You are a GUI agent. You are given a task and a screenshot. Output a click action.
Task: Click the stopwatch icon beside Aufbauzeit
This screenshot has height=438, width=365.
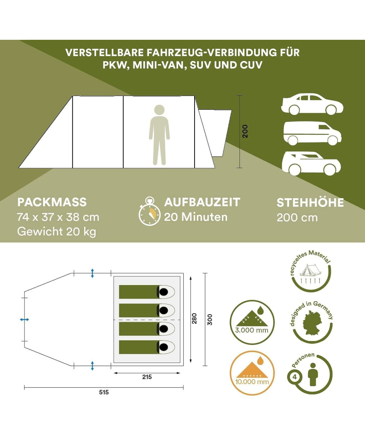tap(150, 211)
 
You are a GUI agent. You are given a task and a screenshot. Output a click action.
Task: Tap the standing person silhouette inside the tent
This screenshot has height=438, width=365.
tap(159, 135)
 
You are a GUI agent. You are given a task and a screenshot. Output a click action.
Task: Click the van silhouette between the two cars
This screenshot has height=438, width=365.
tap(312, 133)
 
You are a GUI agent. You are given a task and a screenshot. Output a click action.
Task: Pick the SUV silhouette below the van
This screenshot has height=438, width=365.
tap(311, 164)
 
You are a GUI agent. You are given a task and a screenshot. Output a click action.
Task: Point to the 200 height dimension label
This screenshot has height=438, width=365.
tap(245, 131)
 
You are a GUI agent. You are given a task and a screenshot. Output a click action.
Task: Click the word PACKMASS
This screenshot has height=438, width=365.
tap(52, 202)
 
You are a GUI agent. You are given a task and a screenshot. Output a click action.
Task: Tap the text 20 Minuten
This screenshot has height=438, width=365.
tap(196, 217)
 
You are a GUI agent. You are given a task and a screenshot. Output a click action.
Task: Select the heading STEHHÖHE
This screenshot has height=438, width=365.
tap(310, 203)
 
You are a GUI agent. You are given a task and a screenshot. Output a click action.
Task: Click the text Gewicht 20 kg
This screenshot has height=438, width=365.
tap(57, 232)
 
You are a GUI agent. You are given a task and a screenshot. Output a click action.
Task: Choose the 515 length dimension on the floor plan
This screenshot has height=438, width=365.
tap(104, 392)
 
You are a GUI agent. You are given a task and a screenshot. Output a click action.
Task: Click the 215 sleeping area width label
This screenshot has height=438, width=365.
tap(147, 377)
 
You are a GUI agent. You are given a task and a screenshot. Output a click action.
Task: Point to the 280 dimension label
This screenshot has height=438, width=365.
tap(195, 318)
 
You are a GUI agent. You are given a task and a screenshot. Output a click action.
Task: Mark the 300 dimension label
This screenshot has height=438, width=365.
tap(210, 320)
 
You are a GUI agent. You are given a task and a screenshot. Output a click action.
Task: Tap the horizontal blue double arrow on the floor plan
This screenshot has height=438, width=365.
tap(24, 319)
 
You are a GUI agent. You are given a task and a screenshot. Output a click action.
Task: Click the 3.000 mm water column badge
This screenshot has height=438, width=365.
tap(252, 323)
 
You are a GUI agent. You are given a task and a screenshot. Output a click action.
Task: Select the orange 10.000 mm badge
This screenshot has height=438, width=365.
tap(252, 374)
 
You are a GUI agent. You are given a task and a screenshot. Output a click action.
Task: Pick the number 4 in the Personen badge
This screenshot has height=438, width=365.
tap(295, 377)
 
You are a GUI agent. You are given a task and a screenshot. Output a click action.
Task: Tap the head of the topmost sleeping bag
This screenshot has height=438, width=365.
tap(164, 292)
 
